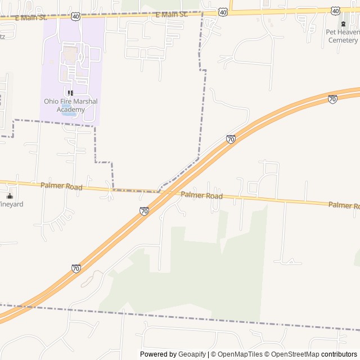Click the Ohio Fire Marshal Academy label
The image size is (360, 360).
tap(71, 105)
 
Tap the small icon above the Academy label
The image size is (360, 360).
tap(70, 93)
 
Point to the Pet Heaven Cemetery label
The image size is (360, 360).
tap(343, 36)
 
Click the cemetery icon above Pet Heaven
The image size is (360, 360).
tap(343, 24)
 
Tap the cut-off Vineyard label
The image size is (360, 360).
tap(11, 204)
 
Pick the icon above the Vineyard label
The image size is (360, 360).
tap(10, 196)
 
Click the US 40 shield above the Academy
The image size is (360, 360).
tap(76, 16)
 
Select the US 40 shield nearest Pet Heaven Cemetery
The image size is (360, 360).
tap(335, 11)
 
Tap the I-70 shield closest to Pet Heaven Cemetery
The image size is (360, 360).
tap(332, 99)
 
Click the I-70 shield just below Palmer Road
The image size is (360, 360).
tap(144, 211)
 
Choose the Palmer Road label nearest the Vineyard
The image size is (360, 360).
tap(61, 186)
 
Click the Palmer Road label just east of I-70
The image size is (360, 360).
tap(202, 196)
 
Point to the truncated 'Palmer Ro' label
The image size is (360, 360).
tap(344, 205)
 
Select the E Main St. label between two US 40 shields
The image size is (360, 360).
tap(172, 14)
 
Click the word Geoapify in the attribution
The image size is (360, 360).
tap(192, 354)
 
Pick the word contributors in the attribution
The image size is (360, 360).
tap(339, 354)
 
